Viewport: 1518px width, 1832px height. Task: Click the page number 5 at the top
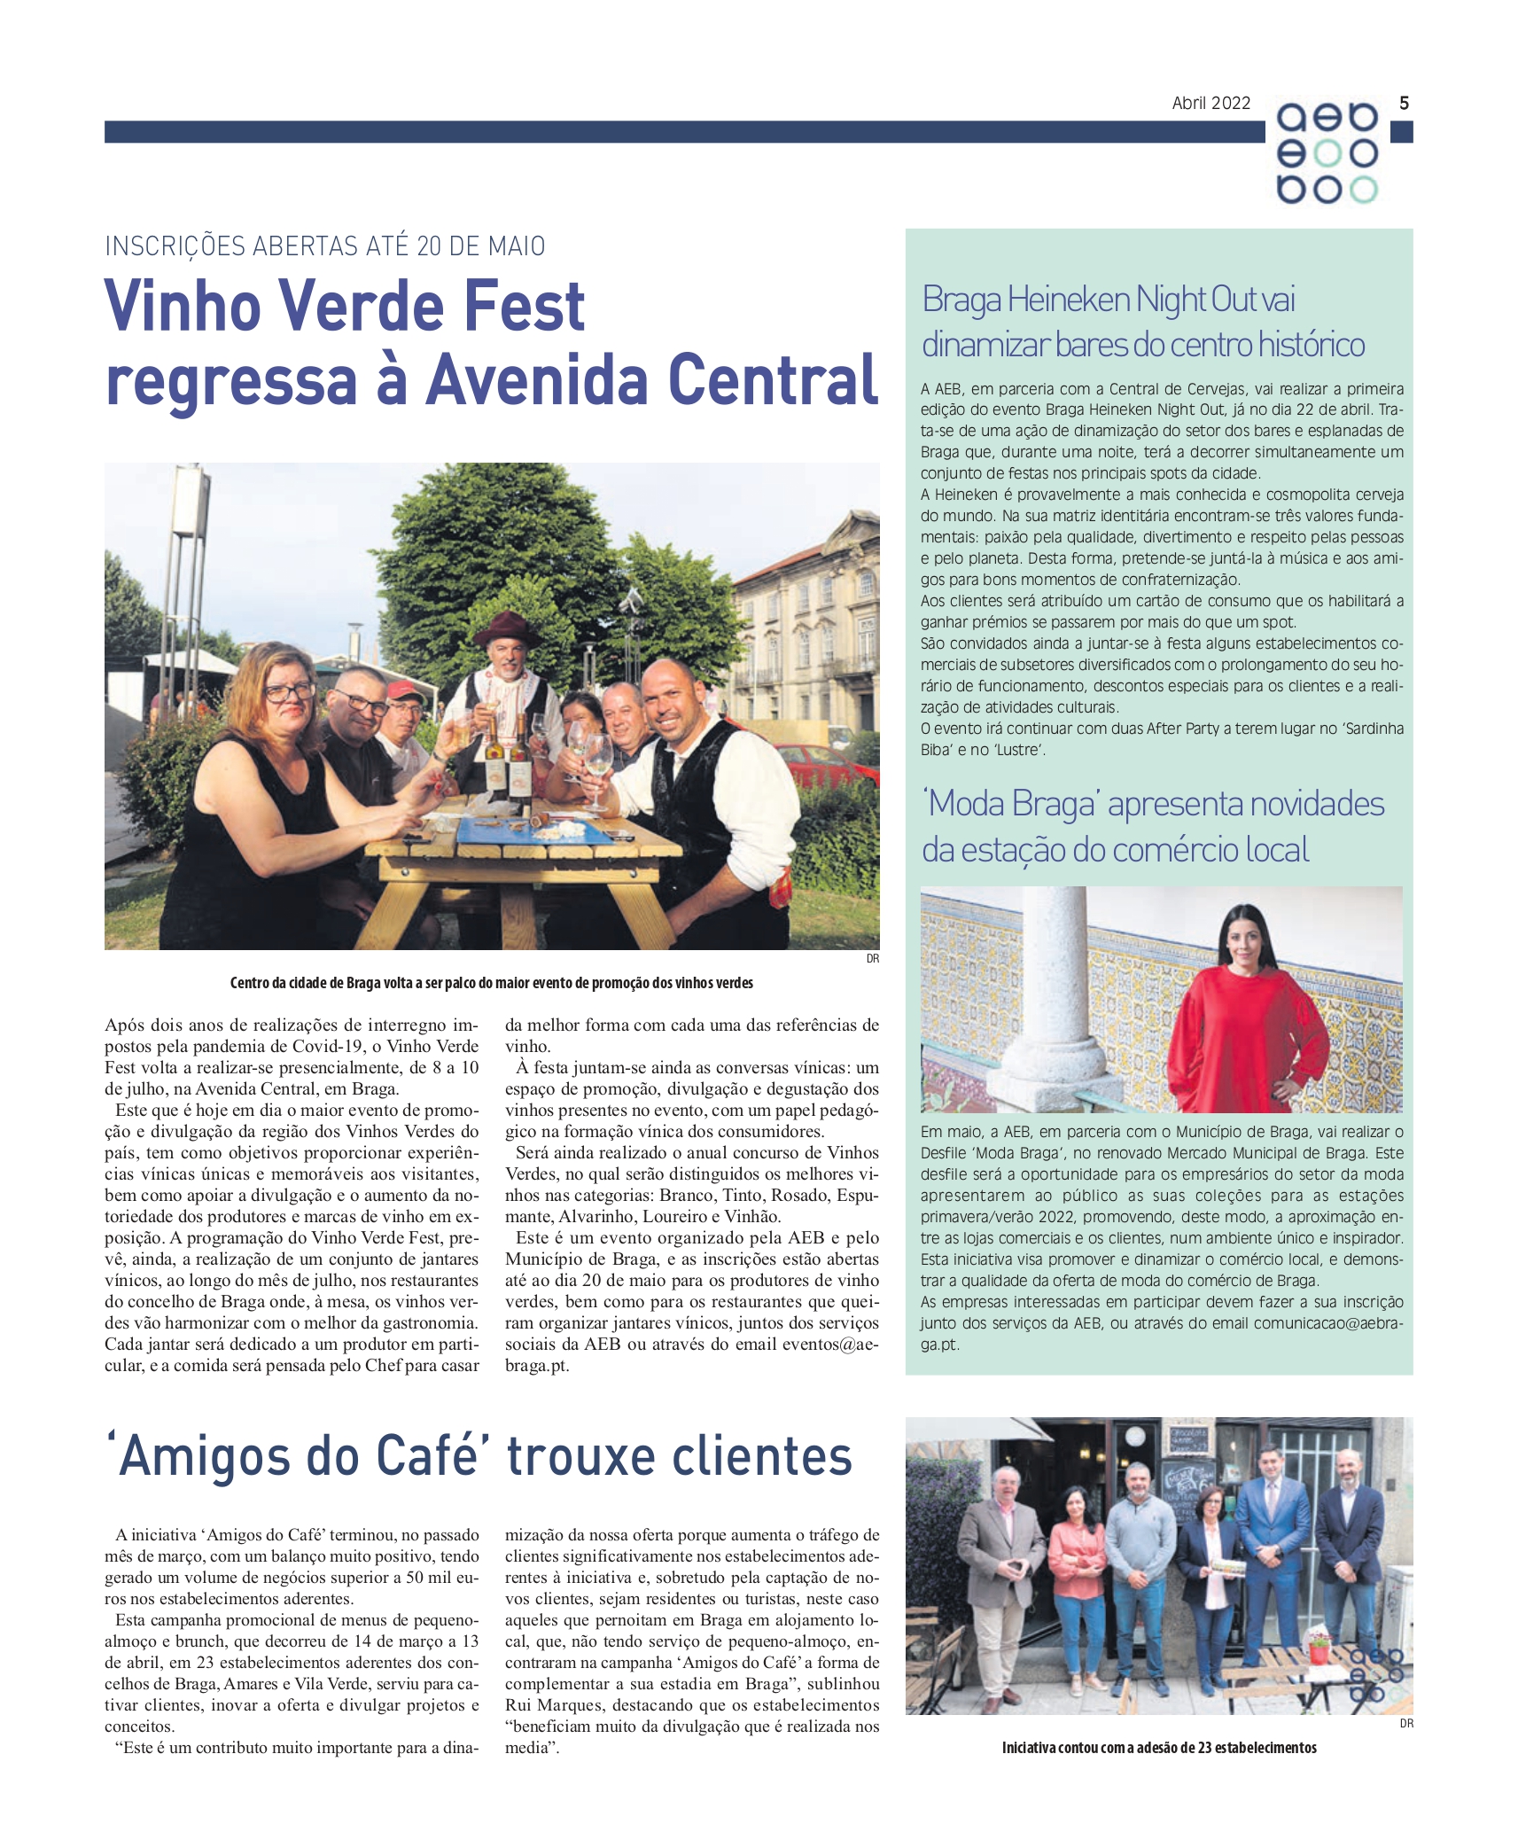[1404, 103]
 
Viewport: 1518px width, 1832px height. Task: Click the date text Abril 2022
[1211, 104]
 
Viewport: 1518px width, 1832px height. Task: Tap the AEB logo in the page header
[1327, 153]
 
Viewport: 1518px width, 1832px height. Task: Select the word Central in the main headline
[773, 380]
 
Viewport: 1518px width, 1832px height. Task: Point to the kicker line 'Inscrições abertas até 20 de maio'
[325, 246]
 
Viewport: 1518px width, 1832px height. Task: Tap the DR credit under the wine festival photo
[873, 959]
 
